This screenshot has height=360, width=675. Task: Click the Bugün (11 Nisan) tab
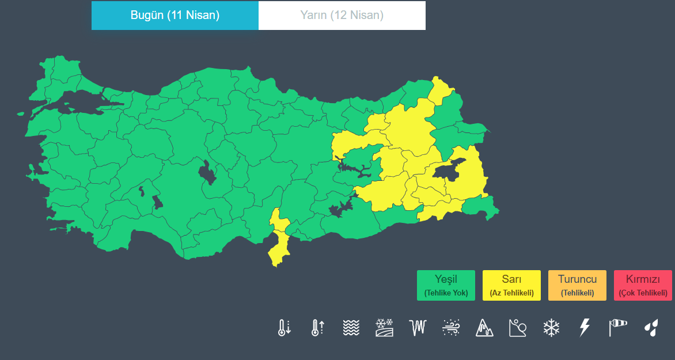pos(175,16)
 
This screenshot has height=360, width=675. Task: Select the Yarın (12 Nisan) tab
pos(342,16)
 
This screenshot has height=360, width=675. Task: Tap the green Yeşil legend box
pos(446,285)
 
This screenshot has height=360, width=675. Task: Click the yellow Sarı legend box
pos(512,285)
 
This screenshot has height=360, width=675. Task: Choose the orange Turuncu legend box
pos(578,285)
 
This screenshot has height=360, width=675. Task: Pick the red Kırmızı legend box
pos(643,285)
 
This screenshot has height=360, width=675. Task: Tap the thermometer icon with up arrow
pos(318,328)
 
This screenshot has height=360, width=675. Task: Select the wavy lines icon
pos(351,328)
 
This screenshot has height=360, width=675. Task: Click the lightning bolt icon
pos(584,328)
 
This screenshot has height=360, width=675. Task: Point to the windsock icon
pos(617,328)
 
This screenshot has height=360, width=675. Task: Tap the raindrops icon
pos(651,328)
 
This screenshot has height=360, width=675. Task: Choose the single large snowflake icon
pos(551,328)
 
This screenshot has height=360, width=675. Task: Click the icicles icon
pos(418,328)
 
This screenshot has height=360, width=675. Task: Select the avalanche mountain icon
pos(484,328)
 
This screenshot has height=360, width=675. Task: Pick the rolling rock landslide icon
pos(518,328)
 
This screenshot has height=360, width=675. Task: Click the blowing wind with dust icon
pos(451,328)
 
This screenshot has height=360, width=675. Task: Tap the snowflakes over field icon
pos(384,328)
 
